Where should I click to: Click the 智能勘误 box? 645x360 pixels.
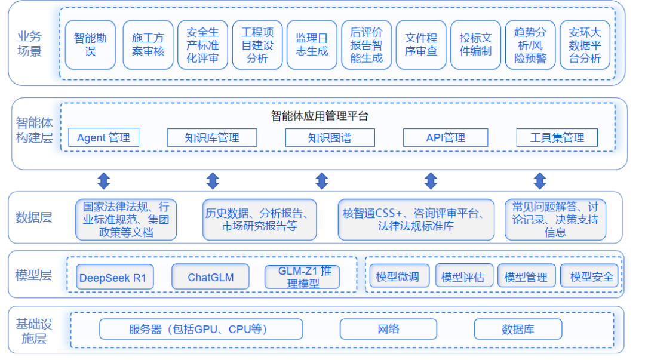[90, 45]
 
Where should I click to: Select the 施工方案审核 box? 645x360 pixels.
[148, 45]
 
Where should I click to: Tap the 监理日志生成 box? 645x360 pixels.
[312, 45]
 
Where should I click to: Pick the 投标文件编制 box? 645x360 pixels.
[475, 45]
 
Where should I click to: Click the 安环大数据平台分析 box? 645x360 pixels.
[585, 45]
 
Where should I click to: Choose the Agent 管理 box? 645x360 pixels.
[103, 138]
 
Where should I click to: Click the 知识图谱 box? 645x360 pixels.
[330, 138]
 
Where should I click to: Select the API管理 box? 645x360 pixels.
[446, 138]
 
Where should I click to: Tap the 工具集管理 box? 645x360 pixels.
[557, 138]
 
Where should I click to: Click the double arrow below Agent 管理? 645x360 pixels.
[103, 181]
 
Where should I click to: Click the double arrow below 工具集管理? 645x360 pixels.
[539, 181]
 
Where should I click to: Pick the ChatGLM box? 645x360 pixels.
[210, 277]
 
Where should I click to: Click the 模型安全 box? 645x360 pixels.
[591, 276]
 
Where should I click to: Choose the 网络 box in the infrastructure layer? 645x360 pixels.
[388, 329]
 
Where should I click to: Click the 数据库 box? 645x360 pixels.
[518, 329]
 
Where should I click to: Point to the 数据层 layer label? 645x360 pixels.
[33, 217]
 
